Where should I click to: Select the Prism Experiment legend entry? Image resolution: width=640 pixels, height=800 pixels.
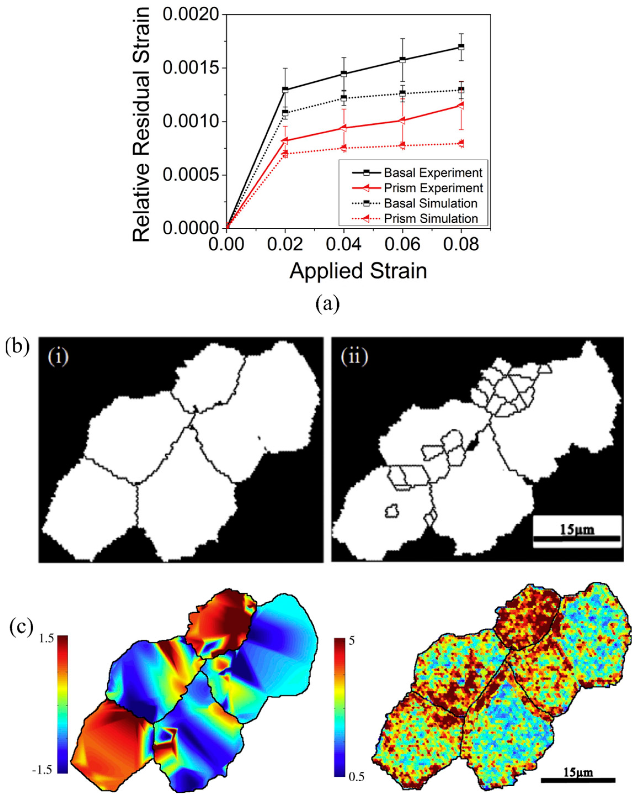[433, 188]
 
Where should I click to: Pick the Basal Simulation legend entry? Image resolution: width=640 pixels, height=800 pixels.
[430, 203]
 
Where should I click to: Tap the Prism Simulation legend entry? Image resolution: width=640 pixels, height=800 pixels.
[430, 219]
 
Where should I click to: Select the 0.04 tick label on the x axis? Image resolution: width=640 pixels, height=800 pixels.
[343, 244]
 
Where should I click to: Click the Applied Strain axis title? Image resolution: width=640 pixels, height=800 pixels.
[358, 271]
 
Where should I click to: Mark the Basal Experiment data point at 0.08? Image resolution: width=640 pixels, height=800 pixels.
[461, 47]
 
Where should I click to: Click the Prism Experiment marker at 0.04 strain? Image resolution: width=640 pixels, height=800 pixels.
[343, 128]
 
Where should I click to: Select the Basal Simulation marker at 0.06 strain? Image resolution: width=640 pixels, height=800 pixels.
[402, 94]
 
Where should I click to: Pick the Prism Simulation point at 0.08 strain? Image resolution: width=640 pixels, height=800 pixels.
[461, 143]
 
